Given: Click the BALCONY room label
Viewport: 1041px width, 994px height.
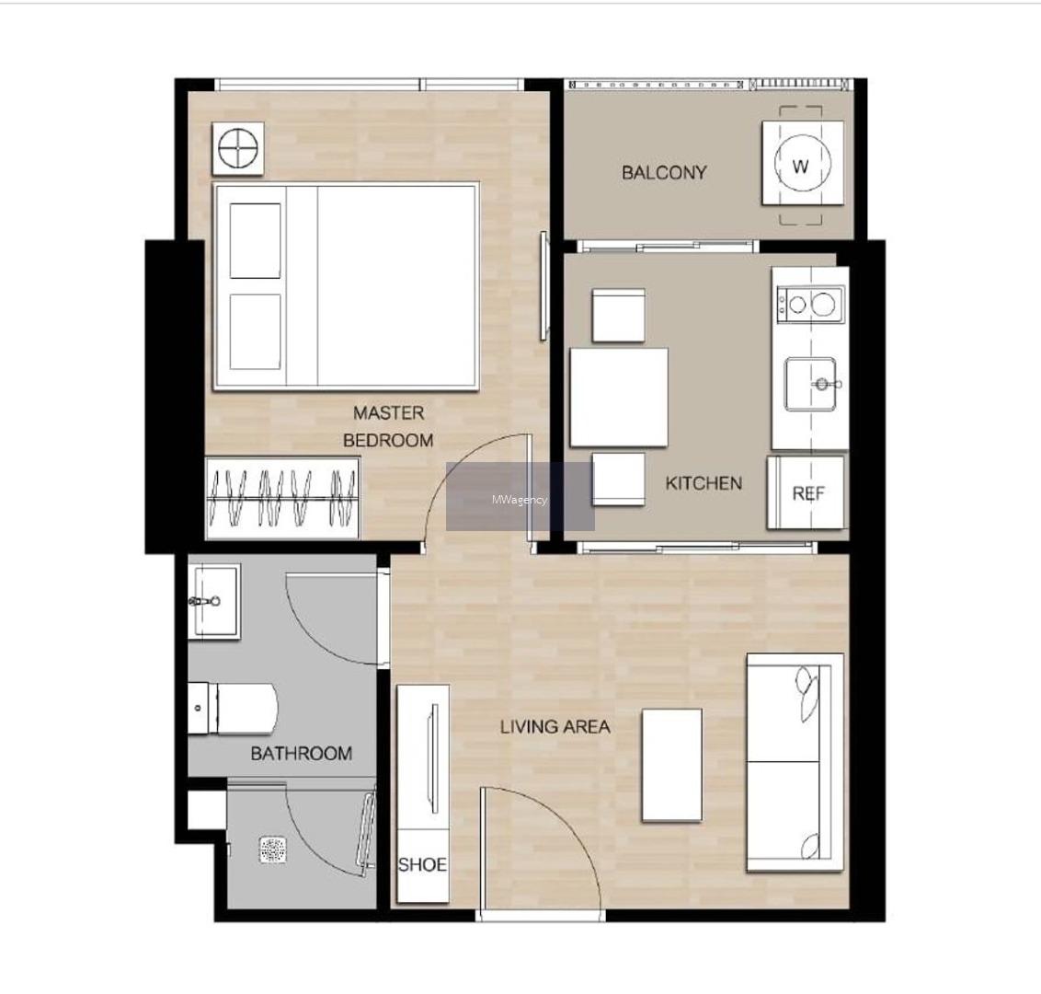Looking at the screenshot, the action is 663,173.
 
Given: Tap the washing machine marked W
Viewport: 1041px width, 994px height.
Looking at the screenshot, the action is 803,164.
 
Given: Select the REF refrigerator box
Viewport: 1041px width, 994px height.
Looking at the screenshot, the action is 806,492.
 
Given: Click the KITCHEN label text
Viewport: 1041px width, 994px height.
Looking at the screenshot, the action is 704,483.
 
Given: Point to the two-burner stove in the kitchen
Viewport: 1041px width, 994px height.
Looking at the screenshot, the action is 810,305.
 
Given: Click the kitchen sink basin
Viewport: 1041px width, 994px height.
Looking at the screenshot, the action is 810,384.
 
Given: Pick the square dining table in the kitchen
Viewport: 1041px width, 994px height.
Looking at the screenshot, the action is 619,398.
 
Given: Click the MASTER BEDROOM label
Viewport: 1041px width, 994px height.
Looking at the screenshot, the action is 388,426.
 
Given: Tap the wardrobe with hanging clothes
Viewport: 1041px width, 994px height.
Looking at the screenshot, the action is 283,498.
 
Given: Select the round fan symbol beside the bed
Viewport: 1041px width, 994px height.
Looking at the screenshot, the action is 237,148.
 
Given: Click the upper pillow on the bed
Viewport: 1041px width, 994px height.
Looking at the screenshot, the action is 255,240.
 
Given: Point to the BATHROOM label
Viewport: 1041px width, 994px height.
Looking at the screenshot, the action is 302,754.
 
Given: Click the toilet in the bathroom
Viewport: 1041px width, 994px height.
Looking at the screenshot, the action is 232,709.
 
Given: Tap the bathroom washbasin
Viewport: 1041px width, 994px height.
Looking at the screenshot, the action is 213,602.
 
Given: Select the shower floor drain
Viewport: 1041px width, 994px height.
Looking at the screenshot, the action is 273,850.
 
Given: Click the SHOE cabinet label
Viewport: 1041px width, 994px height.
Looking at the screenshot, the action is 422,864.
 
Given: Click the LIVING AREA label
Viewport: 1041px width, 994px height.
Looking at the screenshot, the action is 555,727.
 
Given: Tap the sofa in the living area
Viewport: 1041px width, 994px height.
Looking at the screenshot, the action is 795,762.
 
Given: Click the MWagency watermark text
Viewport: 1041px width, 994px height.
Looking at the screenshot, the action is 520,500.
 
